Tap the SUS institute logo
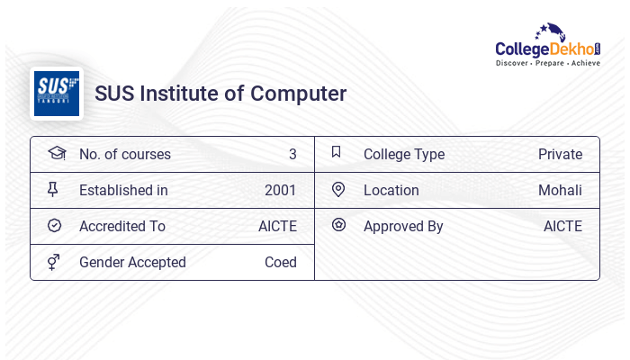click(57, 93)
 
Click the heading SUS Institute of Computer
click(220, 94)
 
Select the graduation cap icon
click(56, 154)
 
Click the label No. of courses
click(124, 155)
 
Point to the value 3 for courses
click(292, 155)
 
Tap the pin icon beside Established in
click(55, 190)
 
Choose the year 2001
click(280, 191)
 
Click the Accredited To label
click(122, 227)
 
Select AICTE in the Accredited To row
click(277, 227)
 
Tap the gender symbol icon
click(55, 262)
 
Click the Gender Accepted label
click(132, 263)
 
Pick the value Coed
click(280, 263)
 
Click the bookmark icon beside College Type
click(337, 153)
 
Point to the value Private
click(560, 155)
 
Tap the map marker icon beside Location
click(338, 190)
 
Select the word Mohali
click(560, 191)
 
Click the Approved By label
click(403, 227)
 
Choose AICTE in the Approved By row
click(562, 227)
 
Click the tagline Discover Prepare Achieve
click(547, 64)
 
